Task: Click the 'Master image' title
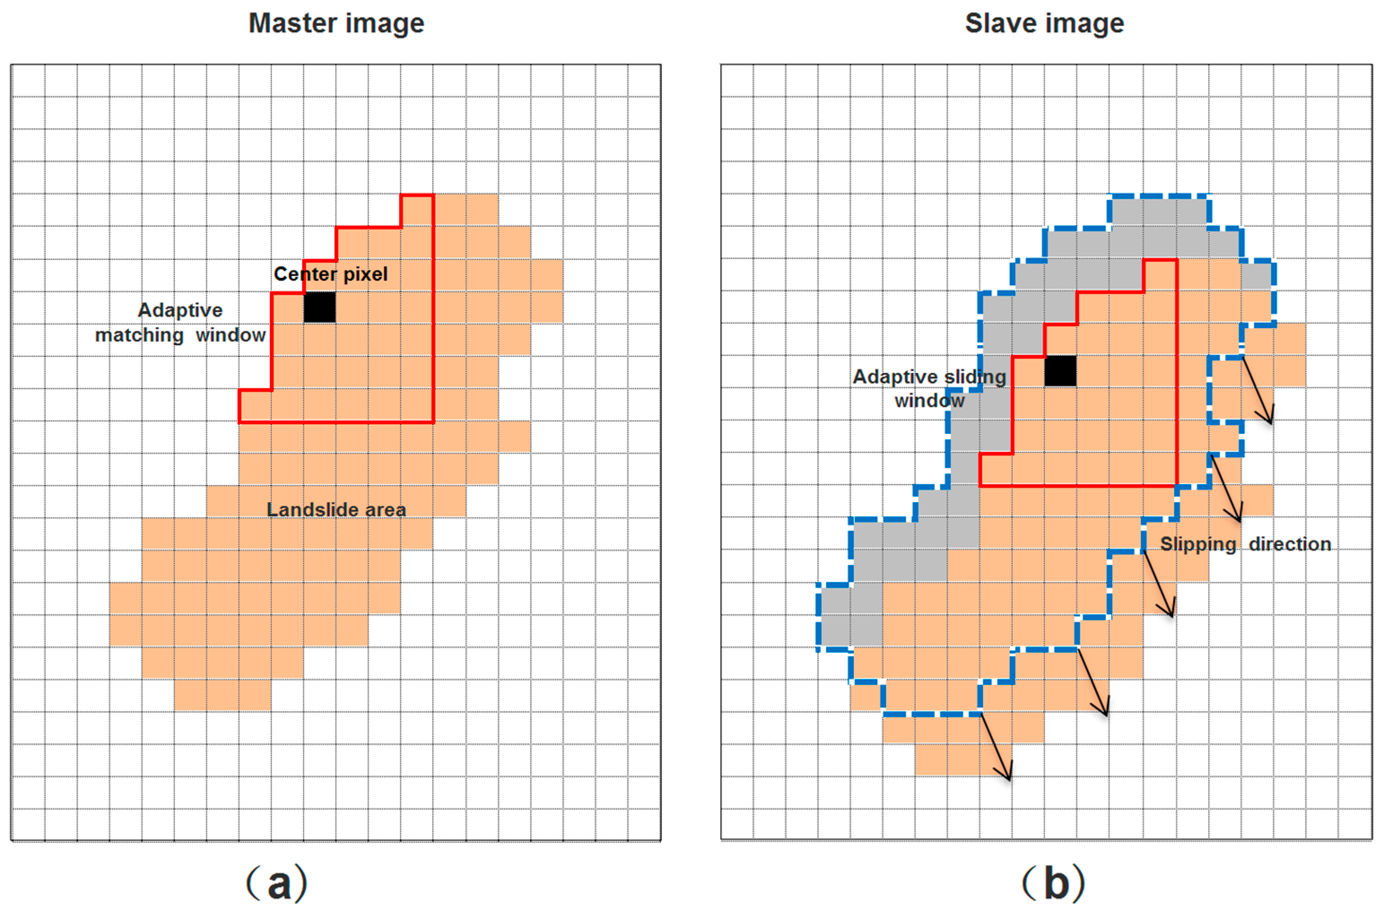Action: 336,24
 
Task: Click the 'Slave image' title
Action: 1044,24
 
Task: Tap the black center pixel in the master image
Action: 319,307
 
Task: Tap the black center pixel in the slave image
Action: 1060,371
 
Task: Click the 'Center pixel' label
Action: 331,274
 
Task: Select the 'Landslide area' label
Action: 336,510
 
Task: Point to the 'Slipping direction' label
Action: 1245,544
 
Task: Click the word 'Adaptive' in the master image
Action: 180,310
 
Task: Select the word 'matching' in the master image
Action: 139,335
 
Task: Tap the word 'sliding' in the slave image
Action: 975,377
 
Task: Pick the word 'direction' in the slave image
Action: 1290,544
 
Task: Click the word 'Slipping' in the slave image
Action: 1198,544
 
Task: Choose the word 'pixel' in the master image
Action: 365,274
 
